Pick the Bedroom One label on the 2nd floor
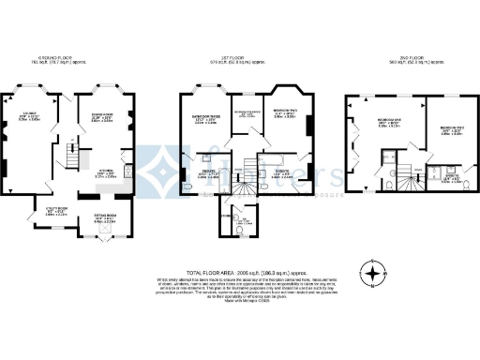[388, 123]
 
